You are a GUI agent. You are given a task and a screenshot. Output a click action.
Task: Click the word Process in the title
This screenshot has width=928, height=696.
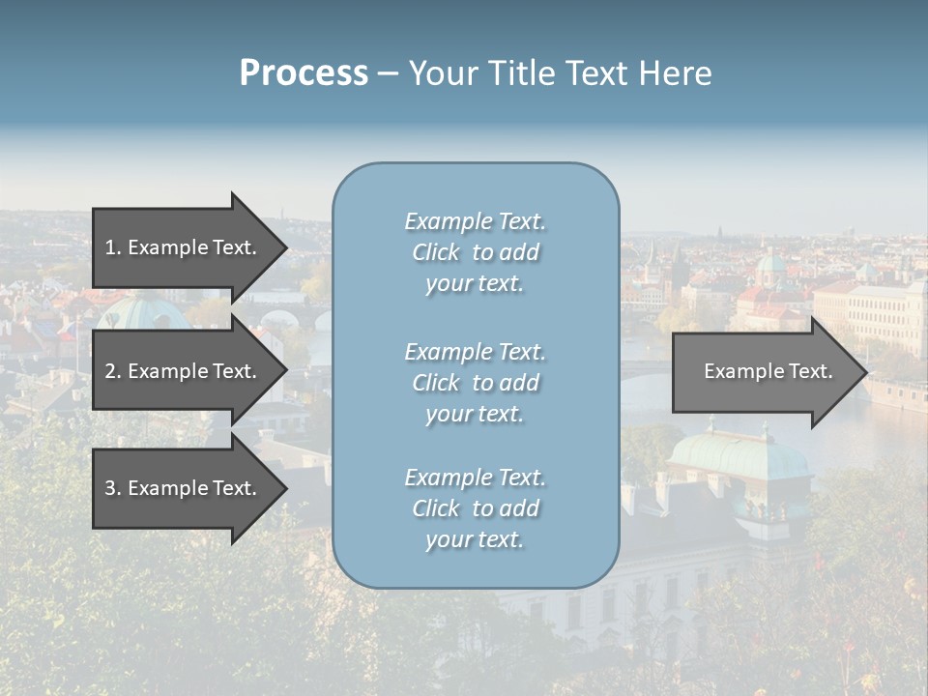click(x=304, y=73)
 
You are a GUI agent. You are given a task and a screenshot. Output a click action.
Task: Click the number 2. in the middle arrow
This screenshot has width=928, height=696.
click(x=112, y=371)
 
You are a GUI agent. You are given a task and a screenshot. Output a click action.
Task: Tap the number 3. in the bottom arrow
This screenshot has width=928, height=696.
click(x=112, y=488)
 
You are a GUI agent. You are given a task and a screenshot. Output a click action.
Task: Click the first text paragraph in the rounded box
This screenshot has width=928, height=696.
click(x=475, y=252)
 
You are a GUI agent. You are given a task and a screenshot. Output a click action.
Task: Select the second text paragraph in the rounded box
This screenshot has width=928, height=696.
click(x=475, y=383)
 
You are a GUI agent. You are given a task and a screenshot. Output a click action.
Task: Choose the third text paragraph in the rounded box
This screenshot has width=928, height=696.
click(x=475, y=508)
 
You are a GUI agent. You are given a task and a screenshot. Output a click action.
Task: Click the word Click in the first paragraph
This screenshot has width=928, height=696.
click(x=435, y=252)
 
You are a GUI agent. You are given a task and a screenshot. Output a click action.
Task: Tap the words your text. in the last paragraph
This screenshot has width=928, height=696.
click(x=475, y=539)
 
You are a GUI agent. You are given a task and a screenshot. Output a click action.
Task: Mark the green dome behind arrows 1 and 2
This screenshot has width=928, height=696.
click(x=145, y=311)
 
